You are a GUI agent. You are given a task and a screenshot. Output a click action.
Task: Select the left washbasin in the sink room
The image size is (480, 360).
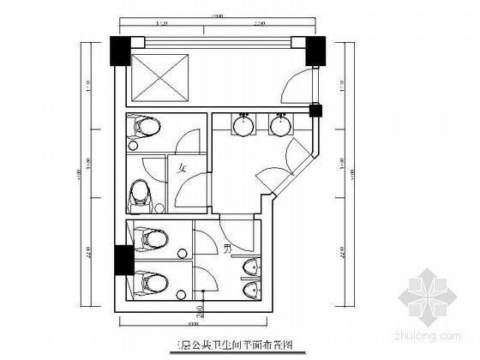(243, 126)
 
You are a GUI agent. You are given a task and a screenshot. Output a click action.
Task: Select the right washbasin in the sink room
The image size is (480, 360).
(279, 126)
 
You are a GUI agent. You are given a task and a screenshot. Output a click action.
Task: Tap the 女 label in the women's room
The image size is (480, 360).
(182, 170)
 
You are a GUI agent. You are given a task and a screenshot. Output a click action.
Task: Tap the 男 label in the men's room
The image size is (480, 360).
(228, 249)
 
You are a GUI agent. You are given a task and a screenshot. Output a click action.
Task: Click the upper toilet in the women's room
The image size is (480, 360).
(145, 129)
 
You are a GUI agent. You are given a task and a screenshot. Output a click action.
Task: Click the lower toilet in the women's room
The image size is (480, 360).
(141, 195)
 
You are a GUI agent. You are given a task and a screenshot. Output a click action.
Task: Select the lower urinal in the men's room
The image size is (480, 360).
(251, 292)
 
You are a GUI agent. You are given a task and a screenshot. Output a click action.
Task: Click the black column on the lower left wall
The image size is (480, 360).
(120, 259)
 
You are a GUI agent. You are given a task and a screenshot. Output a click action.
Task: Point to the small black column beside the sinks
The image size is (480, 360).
(314, 110)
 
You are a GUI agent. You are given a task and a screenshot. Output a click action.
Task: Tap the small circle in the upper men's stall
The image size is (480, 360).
(182, 251)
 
